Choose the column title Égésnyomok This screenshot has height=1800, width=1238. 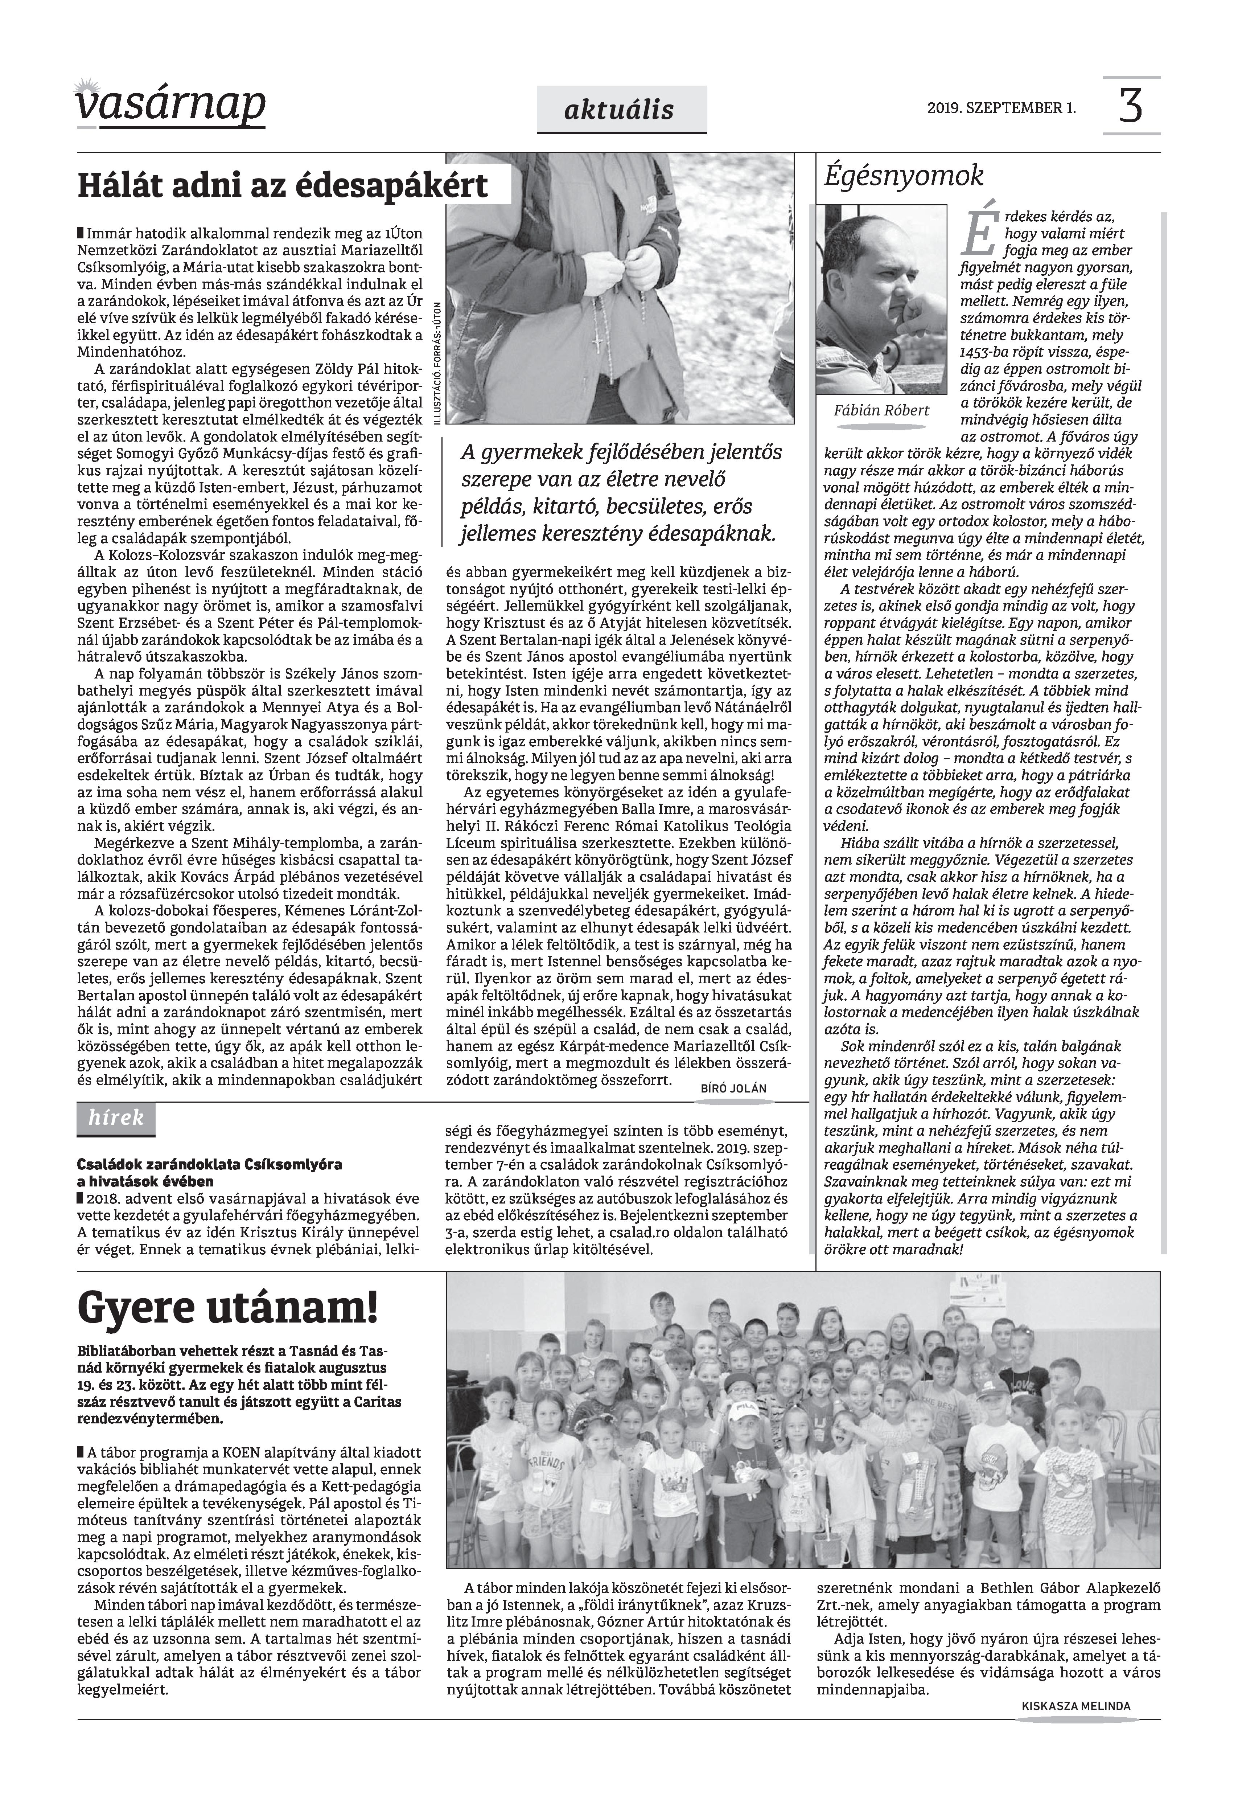coord(904,176)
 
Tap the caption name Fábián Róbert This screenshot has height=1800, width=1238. coord(881,410)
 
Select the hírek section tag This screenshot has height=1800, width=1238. coord(116,1118)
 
